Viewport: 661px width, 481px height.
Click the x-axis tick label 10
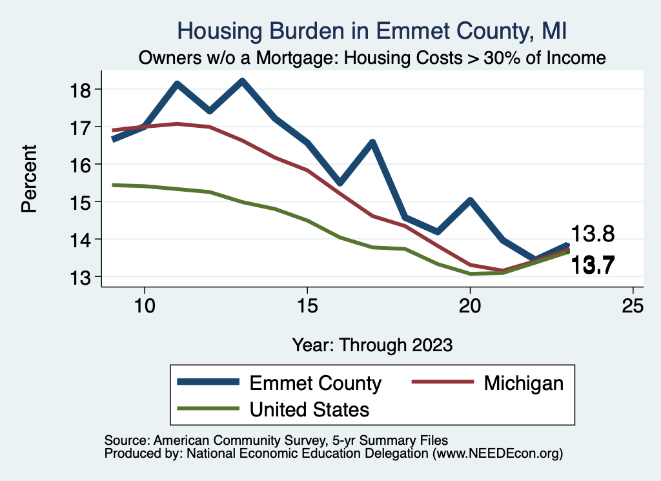144,305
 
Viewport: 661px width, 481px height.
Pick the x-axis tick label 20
470,305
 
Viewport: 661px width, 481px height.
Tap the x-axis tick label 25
633,305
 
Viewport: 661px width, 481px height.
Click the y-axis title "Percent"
28,183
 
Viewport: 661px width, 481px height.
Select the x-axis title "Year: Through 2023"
372,344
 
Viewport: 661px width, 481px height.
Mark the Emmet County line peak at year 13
241,82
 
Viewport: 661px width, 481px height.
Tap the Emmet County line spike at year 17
372,143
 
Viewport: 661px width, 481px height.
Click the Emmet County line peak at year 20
470,201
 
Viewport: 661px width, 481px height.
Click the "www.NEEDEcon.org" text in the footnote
497,454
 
